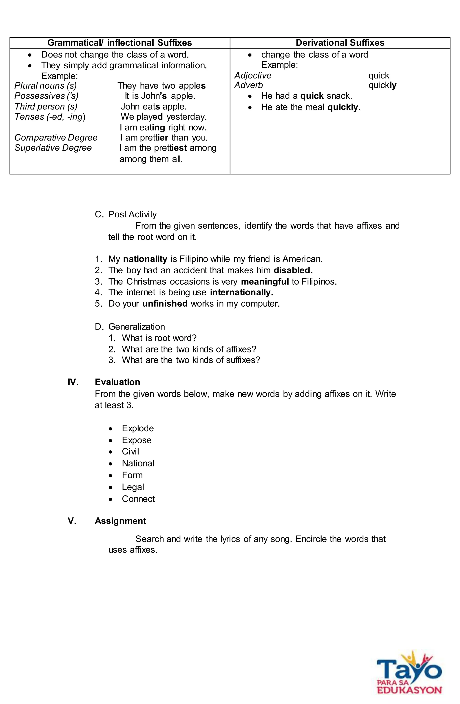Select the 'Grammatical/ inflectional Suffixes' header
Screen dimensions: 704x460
(120, 43)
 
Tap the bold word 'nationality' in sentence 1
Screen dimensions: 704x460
(145, 259)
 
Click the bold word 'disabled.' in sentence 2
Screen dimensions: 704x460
(293, 270)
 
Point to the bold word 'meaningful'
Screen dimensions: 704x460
(265, 282)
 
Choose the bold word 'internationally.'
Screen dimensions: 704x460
(241, 292)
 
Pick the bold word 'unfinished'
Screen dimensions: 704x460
(165, 304)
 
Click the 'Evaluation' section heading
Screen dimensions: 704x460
(117, 382)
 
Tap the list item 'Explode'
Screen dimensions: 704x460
(138, 428)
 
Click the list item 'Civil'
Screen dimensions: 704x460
(130, 451)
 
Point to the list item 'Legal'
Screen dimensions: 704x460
(133, 487)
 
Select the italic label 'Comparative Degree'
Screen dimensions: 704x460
(56, 138)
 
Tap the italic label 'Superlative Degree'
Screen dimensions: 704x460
(53, 148)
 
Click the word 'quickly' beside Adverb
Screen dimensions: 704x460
(382, 85)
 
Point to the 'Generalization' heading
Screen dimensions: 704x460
(137, 327)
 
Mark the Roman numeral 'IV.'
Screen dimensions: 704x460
(73, 382)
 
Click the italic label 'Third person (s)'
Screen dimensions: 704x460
(46, 107)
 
